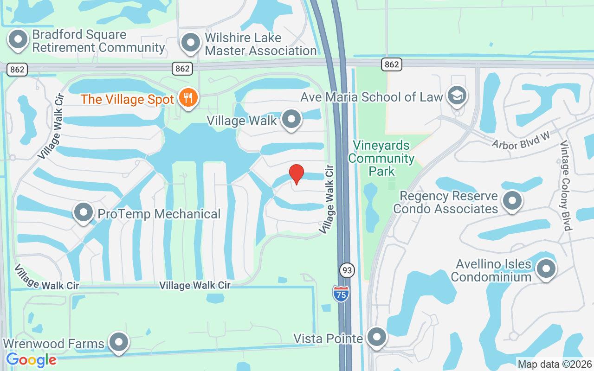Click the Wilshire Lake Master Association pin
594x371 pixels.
[x=190, y=43]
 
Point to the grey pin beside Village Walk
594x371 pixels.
[x=291, y=119]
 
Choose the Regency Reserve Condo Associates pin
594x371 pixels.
[x=512, y=201]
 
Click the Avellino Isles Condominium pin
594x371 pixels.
[x=546, y=269]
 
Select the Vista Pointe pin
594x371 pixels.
[x=377, y=337]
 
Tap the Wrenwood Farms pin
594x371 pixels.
[x=118, y=342]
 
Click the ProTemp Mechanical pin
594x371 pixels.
[x=84, y=213]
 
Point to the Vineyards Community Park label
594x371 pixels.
[x=381, y=158]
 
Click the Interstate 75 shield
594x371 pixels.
[x=341, y=294]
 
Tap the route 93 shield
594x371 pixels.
[x=346, y=270]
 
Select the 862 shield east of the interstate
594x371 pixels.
[x=392, y=64]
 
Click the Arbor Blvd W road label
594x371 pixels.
[x=521, y=141]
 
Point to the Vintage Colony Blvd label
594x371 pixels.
[x=566, y=185]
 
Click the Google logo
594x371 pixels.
[x=32, y=359]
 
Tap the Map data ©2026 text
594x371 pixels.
[x=555, y=364]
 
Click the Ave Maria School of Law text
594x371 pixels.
[x=371, y=97]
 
